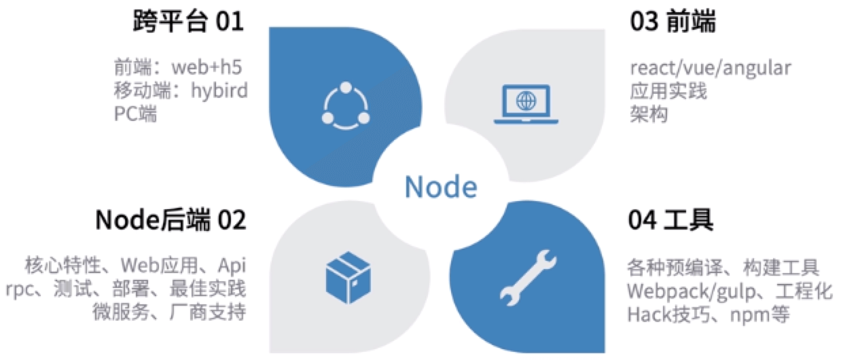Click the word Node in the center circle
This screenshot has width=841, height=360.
[x=440, y=185]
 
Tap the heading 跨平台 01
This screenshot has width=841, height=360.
[x=187, y=23]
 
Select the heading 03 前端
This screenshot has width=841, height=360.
[x=673, y=23]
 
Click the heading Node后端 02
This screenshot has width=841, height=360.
[x=171, y=221]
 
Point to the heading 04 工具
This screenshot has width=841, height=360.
[x=671, y=221]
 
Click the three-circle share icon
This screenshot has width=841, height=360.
[x=345, y=106]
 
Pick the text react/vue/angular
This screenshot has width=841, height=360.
[x=710, y=69]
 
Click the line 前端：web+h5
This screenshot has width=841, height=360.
[x=178, y=69]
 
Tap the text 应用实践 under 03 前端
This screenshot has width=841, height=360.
[x=668, y=91]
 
